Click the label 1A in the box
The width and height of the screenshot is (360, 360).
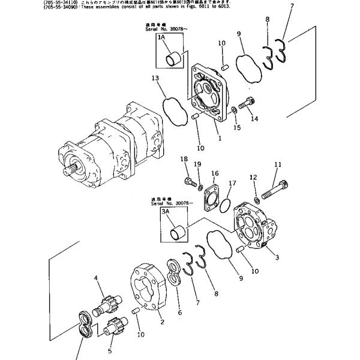[161, 38]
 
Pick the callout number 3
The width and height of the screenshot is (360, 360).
[277, 258]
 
